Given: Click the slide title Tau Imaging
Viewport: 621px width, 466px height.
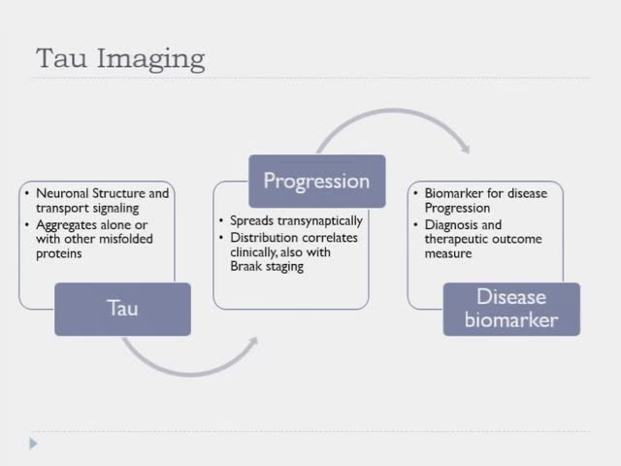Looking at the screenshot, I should pyautogui.click(x=120, y=58).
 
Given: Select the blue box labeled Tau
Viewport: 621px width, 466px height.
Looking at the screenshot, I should pyautogui.click(x=122, y=309).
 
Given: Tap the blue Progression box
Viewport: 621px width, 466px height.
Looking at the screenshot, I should pyautogui.click(x=316, y=181).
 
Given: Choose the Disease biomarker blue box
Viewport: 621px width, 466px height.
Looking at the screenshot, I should pyautogui.click(x=511, y=309).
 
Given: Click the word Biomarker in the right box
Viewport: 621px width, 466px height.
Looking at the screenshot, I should pyautogui.click(x=455, y=193).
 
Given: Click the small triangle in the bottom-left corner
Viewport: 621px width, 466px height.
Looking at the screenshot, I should pyautogui.click(x=33, y=444).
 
